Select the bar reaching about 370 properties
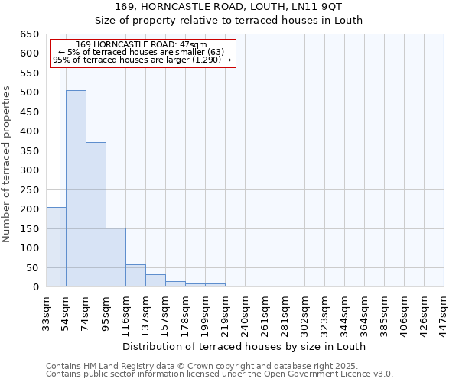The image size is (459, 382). (x=96, y=215)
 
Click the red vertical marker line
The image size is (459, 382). (x=60, y=168)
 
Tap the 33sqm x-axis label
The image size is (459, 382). (x=47, y=312)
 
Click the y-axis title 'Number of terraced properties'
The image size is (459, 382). (x=7, y=163)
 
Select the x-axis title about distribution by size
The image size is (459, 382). (x=245, y=346)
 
